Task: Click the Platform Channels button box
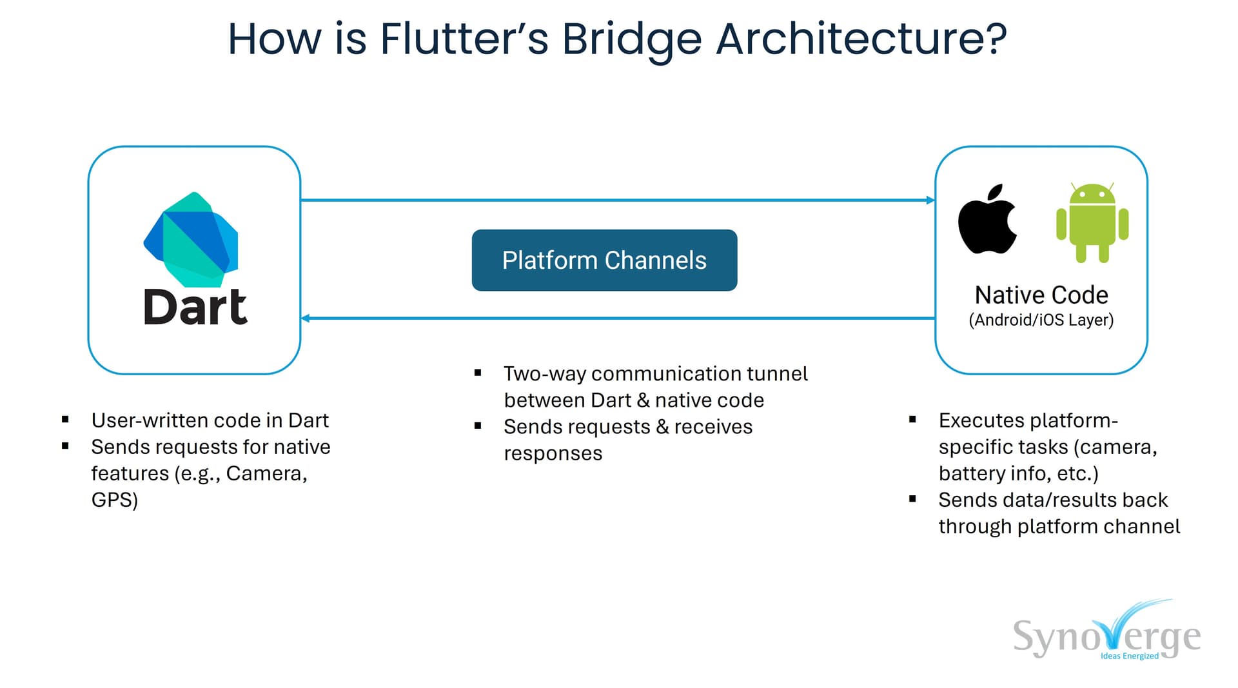(x=604, y=260)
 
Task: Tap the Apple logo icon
(x=987, y=221)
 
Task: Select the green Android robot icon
(x=1092, y=223)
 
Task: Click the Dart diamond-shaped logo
(x=192, y=239)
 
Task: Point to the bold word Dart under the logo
(x=195, y=308)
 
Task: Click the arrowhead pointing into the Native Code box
(x=930, y=201)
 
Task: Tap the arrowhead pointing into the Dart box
(x=306, y=318)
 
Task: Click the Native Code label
(x=1041, y=295)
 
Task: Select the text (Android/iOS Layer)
(x=1041, y=320)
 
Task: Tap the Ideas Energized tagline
(x=1129, y=656)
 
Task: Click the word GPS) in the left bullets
(x=114, y=500)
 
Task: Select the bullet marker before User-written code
(x=65, y=420)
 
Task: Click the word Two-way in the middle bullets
(x=544, y=374)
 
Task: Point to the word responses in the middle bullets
(x=553, y=453)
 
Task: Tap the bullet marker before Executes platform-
(x=912, y=420)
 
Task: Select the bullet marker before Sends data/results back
(x=912, y=499)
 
